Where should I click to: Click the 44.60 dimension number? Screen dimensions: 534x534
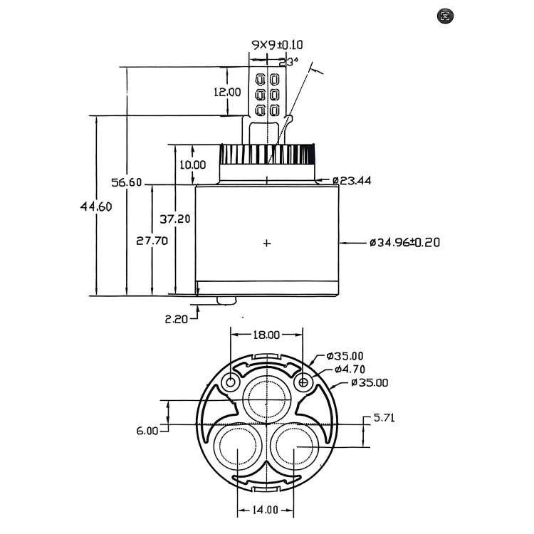96,206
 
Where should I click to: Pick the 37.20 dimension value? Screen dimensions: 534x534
175,219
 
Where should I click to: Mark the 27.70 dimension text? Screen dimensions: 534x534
152,241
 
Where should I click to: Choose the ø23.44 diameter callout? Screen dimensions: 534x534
352,181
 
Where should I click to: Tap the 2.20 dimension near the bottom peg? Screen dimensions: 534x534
176,319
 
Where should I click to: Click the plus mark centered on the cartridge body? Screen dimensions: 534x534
267,244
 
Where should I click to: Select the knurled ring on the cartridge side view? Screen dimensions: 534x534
268,153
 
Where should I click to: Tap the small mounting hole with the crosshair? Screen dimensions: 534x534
304,383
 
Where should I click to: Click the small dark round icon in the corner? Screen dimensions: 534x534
447,15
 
